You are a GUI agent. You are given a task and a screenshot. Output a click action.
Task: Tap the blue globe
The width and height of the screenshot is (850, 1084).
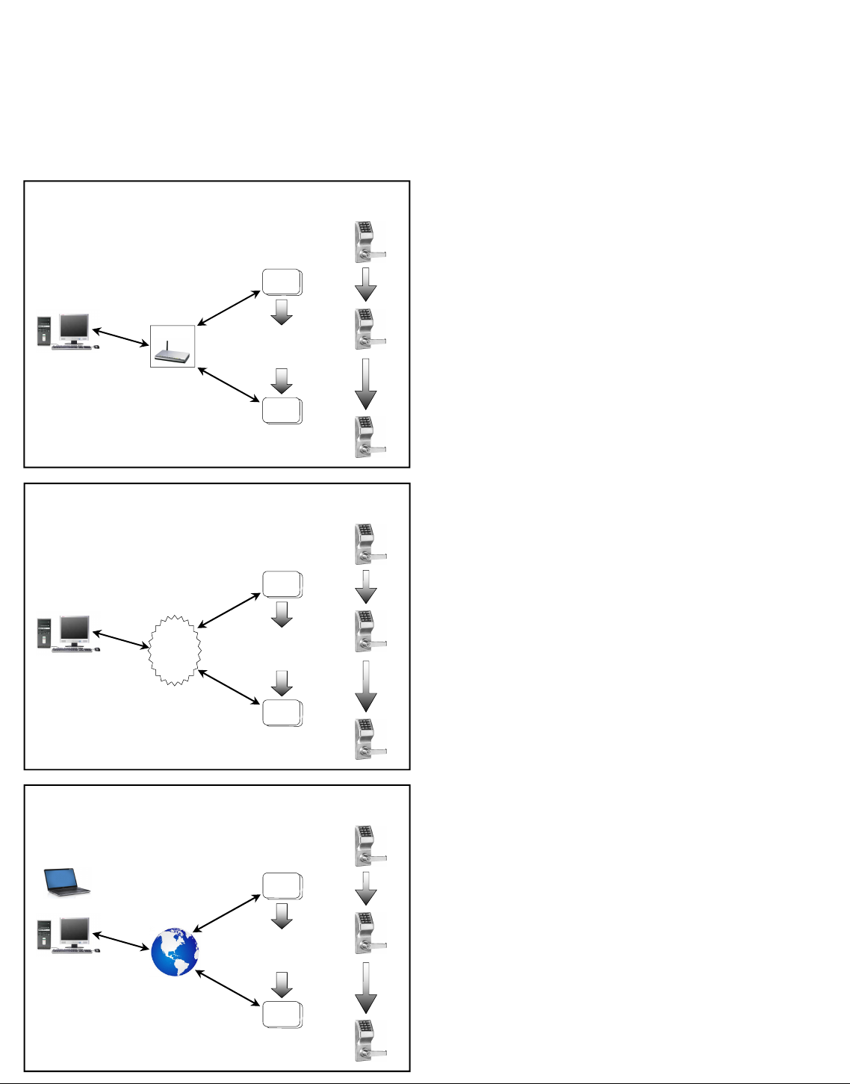tap(174, 953)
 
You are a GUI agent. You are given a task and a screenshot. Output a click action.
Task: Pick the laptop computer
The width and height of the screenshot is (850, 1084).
tap(66, 882)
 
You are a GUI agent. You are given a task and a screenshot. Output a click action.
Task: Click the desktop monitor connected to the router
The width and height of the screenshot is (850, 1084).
tap(74, 327)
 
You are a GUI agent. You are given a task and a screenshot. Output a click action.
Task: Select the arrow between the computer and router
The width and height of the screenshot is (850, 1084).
tap(120, 337)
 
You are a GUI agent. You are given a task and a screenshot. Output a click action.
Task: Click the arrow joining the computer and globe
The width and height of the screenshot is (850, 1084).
tap(120, 941)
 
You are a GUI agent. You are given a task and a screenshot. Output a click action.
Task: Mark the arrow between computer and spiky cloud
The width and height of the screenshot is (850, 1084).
tap(120, 640)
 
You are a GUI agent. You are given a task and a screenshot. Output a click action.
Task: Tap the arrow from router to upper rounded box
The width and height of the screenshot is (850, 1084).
tap(229, 309)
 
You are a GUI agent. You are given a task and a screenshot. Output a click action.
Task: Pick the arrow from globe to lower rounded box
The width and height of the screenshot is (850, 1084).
tap(228, 988)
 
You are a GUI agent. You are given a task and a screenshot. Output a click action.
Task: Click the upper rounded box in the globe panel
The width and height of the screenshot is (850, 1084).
tap(282, 886)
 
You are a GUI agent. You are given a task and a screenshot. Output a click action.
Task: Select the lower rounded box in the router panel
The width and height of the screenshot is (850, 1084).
tap(282, 411)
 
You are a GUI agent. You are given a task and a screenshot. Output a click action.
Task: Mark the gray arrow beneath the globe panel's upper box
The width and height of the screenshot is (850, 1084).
tap(282, 916)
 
